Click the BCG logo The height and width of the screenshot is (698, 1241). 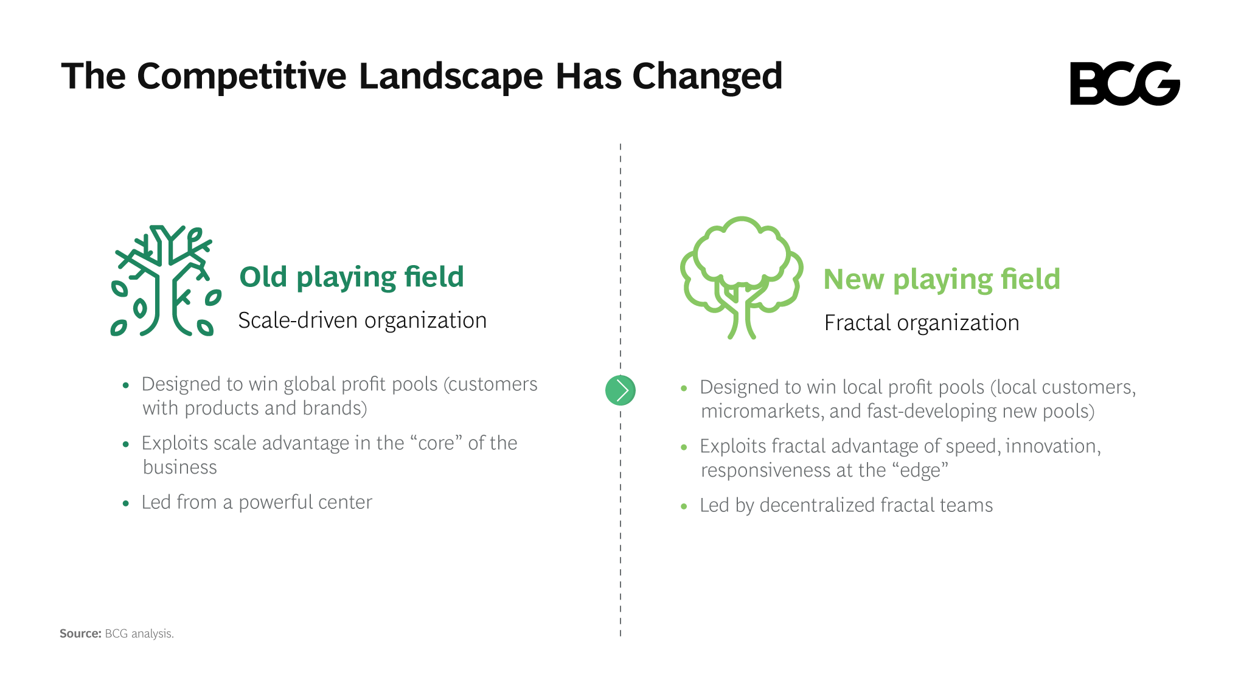pos(1125,83)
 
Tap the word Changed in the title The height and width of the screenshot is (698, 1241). pos(707,77)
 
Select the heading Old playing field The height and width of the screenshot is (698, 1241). pos(352,277)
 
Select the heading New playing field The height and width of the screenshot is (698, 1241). pos(942,280)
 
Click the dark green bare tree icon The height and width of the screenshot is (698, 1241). pos(165,280)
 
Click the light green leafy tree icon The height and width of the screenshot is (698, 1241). pos(742,278)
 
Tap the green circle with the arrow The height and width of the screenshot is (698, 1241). pos(620,390)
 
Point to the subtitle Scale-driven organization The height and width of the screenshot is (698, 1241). pos(363,320)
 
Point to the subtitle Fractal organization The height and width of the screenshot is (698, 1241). pos(922,323)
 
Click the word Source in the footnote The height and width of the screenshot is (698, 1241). pos(80,634)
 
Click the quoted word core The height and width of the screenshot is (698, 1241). pos(436,443)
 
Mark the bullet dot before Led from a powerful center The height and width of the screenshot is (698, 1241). pos(126,503)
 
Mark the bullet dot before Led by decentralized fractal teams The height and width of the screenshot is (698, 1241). pos(684,506)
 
